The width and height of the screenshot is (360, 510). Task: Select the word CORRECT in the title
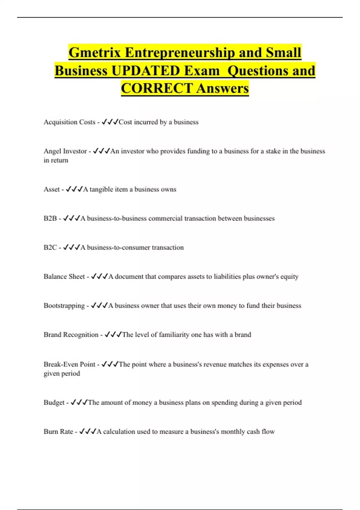(x=157, y=88)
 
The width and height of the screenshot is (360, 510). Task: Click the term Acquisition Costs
(x=69, y=122)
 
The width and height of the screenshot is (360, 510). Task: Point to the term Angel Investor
(x=65, y=151)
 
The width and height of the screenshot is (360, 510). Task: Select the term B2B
(x=50, y=218)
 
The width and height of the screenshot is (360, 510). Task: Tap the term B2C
(x=50, y=247)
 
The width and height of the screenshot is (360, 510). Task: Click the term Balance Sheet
(x=64, y=277)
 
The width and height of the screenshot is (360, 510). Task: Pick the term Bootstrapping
(x=64, y=306)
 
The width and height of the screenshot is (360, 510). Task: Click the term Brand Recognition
(x=71, y=335)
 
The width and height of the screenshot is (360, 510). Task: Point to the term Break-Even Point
(x=69, y=364)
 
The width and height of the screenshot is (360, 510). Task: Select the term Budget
(x=54, y=403)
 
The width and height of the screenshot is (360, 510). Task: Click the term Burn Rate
(x=58, y=432)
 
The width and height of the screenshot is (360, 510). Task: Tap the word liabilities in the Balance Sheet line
(x=227, y=277)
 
